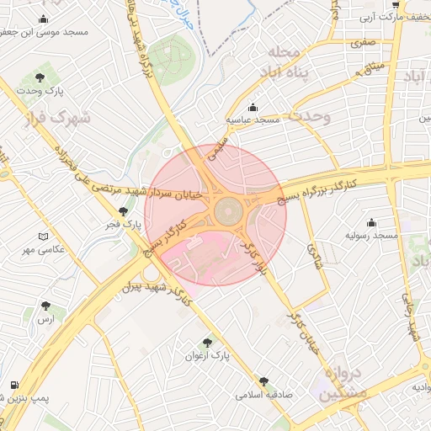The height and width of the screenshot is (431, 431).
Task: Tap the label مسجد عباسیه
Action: coord(257,121)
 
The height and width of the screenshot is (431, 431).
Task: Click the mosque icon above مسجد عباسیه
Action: coord(254,107)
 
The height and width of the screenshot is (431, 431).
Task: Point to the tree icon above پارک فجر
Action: coord(124,211)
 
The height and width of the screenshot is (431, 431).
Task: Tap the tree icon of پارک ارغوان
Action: coord(207,342)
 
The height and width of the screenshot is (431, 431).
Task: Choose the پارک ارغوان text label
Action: coord(207,356)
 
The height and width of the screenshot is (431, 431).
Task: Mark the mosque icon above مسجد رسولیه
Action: coord(371,222)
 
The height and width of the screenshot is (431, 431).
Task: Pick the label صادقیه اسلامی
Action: coord(263,394)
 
